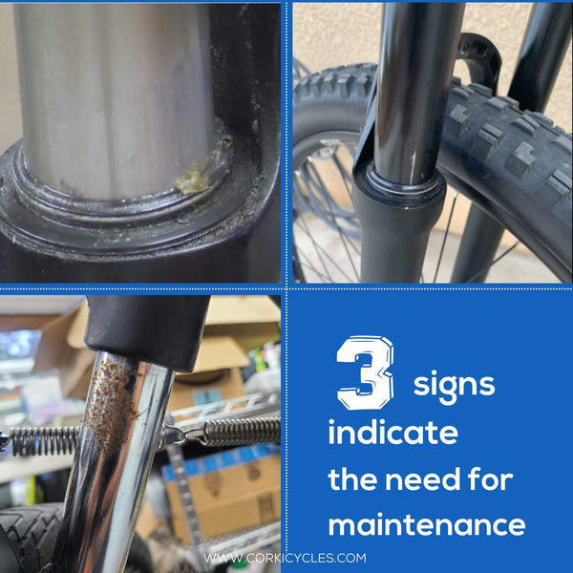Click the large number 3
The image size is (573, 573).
tap(365, 372)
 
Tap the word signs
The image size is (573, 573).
tap(454, 386)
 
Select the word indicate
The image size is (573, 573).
tap(393, 432)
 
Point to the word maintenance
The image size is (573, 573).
tap(427, 523)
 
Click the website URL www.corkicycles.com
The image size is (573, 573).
tap(285, 558)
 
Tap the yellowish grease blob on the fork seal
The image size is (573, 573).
tap(191, 180)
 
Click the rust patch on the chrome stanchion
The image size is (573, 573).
tap(109, 406)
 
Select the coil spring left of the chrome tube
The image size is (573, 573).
tap(42, 440)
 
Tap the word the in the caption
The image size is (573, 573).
tap(352, 478)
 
